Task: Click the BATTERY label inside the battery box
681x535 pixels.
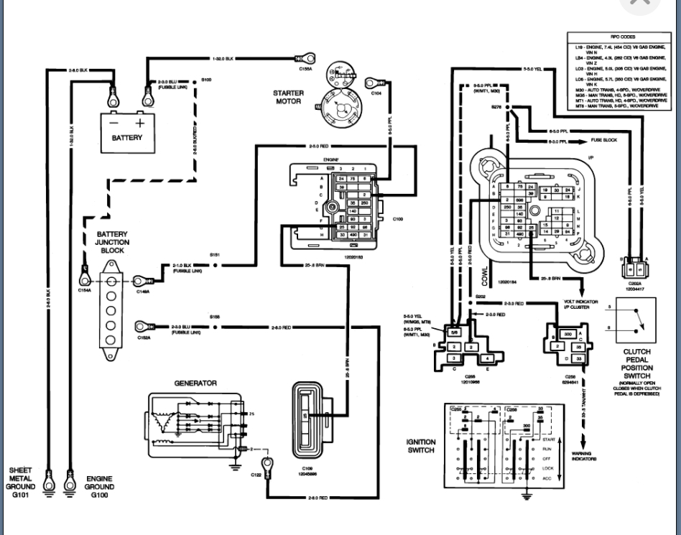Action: click(126, 138)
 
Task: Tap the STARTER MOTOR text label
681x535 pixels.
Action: click(287, 97)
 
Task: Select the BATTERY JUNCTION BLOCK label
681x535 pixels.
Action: click(112, 242)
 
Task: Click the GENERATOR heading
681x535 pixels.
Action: click(195, 383)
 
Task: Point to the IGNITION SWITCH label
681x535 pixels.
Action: click(420, 446)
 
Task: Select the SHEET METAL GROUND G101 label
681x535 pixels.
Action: click(21, 479)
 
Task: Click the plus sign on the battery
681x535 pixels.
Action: click(139, 122)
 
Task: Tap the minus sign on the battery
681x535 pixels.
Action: click(114, 123)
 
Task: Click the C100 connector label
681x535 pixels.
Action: click(398, 218)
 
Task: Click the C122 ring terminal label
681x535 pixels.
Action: click(255, 475)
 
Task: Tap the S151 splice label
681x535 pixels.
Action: click(213, 255)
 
